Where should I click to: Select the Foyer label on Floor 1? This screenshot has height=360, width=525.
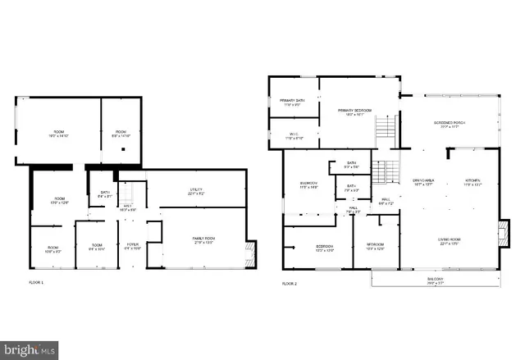click(x=132, y=246)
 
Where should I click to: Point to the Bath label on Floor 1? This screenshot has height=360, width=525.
click(x=104, y=194)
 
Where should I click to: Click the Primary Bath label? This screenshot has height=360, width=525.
click(x=293, y=103)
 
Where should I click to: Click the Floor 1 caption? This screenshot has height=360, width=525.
click(x=36, y=283)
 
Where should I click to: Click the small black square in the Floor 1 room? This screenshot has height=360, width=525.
click(x=122, y=150)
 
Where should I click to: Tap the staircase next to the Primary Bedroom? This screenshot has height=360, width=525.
click(x=386, y=128)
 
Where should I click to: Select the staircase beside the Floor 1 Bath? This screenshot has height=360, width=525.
click(x=126, y=194)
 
